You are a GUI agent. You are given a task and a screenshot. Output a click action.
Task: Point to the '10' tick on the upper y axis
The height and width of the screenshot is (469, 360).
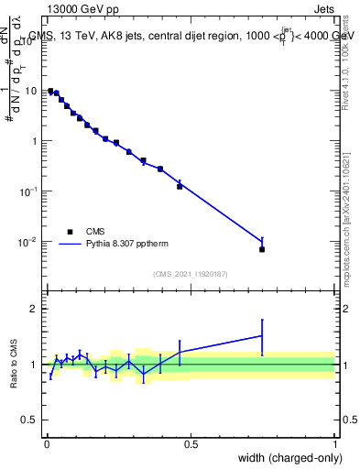click(x=31, y=91)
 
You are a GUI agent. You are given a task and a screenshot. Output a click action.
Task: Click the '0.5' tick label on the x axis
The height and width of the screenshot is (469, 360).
click(x=191, y=443)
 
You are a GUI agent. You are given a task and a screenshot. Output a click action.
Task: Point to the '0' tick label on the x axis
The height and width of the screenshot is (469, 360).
click(x=46, y=443)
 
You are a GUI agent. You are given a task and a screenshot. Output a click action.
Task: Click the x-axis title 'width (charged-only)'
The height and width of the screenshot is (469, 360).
click(x=285, y=459)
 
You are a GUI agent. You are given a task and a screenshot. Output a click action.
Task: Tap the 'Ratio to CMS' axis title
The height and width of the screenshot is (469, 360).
click(x=14, y=365)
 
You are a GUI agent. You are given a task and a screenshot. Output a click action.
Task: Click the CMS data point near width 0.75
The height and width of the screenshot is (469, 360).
click(x=262, y=249)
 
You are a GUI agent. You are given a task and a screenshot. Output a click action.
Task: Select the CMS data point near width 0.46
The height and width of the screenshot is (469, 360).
click(x=180, y=186)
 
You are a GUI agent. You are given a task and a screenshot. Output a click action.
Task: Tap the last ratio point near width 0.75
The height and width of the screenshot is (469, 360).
click(x=262, y=336)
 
